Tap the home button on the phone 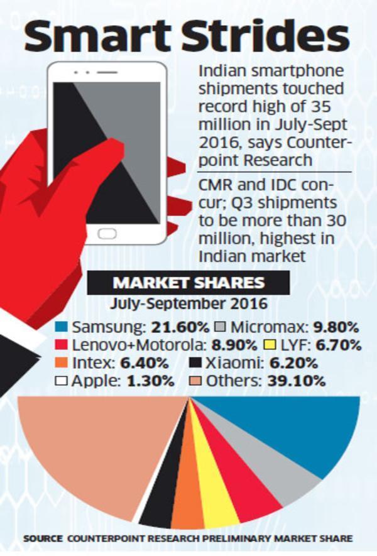click(107, 232)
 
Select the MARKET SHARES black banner click(188, 283)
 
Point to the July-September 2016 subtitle click(188, 304)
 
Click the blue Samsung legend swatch click(60, 327)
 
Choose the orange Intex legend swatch click(60, 363)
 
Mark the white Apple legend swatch click(60, 381)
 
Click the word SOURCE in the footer click(43, 539)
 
